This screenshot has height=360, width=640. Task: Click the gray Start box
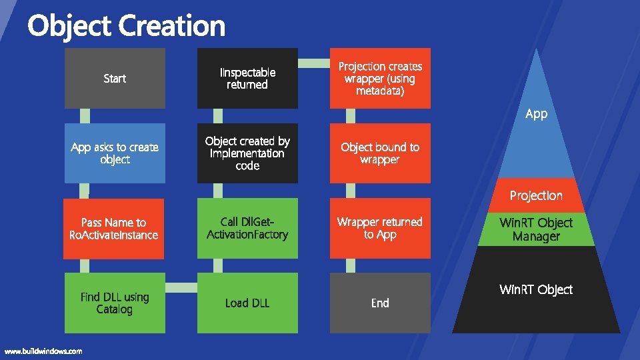(x=115, y=78)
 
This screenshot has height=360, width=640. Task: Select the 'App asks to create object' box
(x=115, y=153)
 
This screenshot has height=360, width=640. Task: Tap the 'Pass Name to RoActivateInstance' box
(x=115, y=228)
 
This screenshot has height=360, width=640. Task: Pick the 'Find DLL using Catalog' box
(x=115, y=303)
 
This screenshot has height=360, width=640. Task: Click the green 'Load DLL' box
(x=247, y=303)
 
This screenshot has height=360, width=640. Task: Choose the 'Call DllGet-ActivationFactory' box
(x=247, y=228)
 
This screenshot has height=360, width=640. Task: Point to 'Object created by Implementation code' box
(x=247, y=153)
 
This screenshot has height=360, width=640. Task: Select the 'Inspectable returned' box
(x=247, y=78)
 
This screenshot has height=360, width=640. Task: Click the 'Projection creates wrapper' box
(x=380, y=78)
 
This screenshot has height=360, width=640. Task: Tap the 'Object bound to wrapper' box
(x=380, y=153)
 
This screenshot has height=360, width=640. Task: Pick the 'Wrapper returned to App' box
(x=380, y=228)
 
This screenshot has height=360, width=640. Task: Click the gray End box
(x=380, y=303)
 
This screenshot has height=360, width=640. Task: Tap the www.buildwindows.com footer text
(x=43, y=351)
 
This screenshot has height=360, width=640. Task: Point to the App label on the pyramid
(x=536, y=114)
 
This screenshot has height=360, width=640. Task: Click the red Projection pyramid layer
(x=536, y=195)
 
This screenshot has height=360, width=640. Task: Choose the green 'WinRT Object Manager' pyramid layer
(x=536, y=229)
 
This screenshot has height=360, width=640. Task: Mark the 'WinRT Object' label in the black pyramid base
(x=536, y=289)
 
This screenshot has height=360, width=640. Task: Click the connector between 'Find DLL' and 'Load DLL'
(x=181, y=288)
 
